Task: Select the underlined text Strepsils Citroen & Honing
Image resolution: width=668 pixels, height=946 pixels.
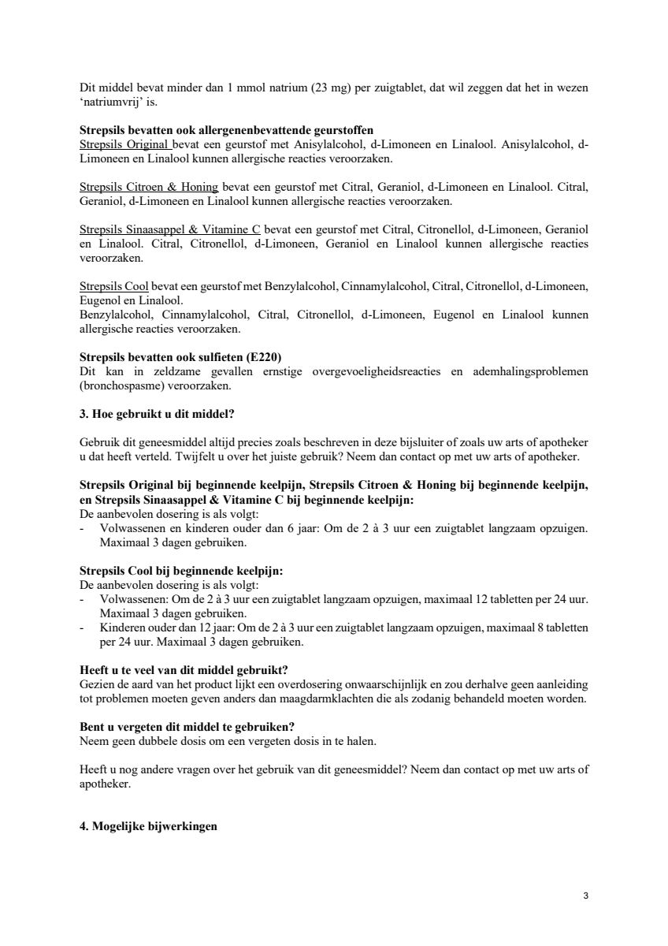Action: pyautogui.click(x=149, y=187)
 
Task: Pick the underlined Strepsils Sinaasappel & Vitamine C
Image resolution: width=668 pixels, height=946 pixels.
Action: pyautogui.click(x=169, y=229)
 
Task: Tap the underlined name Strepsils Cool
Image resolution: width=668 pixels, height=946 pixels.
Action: pyautogui.click(x=114, y=286)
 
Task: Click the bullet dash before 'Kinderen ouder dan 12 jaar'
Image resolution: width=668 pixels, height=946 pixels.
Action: pyautogui.click(x=83, y=628)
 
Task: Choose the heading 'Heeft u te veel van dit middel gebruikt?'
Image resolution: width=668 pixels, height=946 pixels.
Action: pyautogui.click(x=184, y=670)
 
